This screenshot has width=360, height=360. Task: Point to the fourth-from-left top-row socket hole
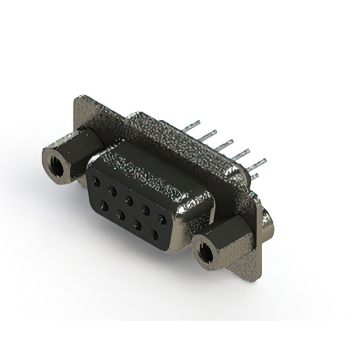(x=146, y=210)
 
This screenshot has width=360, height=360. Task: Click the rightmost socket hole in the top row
(x=163, y=219)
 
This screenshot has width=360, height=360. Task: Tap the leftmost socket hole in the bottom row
(x=104, y=206)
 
